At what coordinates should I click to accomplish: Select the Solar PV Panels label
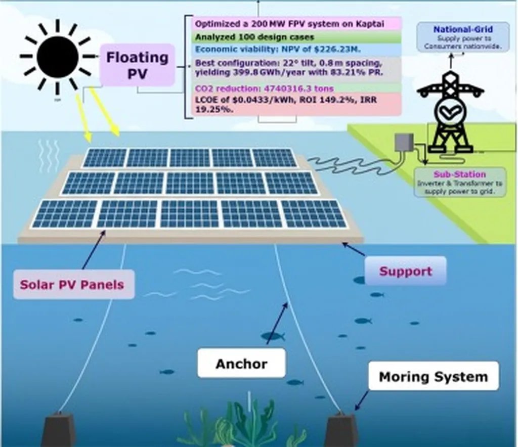pyautogui.click(x=72, y=285)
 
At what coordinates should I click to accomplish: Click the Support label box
pyautogui.click(x=406, y=271)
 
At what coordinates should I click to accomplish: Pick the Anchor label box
pyautogui.click(x=241, y=364)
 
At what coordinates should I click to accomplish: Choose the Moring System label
pyautogui.click(x=433, y=377)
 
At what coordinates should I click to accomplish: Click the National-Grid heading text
pyautogui.click(x=462, y=29)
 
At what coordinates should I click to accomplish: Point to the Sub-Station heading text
pyautogui.click(x=459, y=174)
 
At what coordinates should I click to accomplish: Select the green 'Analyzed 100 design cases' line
pyautogui.click(x=254, y=37)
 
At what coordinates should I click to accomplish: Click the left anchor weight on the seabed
pyautogui.click(x=58, y=431)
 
